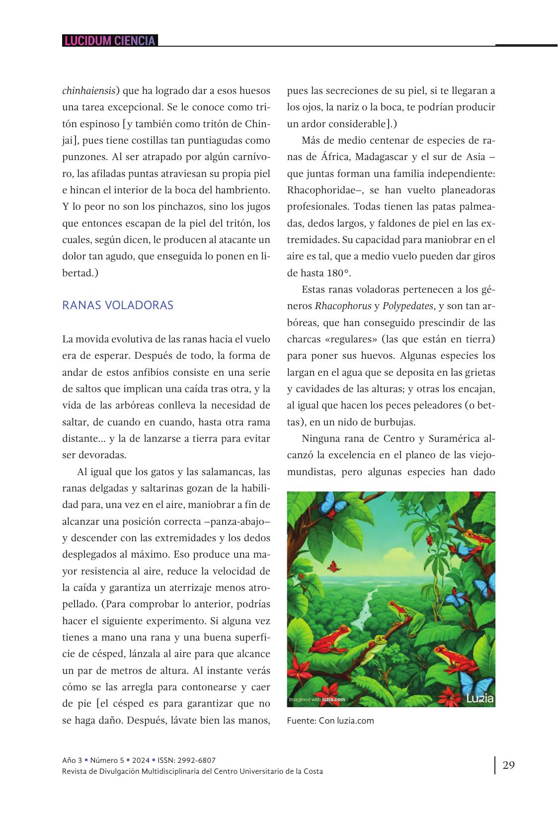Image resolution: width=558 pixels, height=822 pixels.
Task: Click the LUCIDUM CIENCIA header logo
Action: pos(109,41)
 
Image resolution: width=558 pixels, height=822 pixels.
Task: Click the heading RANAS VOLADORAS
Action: pos(118,305)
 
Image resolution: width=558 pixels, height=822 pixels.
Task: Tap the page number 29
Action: pos(508,765)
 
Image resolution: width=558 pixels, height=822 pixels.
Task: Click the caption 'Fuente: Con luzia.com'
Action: pos(330,721)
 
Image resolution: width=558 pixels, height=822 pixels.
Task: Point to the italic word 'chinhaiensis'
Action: pos(88,91)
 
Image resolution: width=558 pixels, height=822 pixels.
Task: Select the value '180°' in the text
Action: pos(338,273)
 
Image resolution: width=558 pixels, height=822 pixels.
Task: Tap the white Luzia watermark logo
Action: pos(479,698)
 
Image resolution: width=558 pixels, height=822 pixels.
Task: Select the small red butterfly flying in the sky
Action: pos(333,565)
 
